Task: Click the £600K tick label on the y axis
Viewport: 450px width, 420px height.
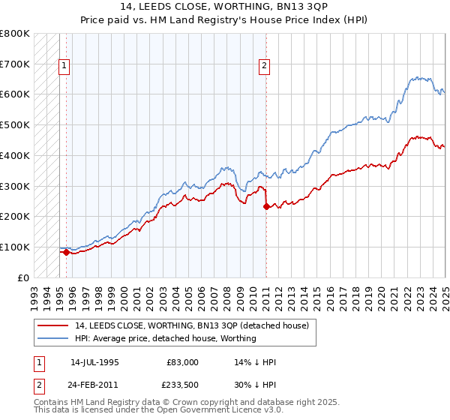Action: [x=14, y=94]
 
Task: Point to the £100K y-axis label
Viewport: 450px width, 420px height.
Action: [x=14, y=247]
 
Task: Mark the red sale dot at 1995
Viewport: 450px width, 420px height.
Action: [x=66, y=252]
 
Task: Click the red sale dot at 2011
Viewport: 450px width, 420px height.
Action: [x=266, y=206]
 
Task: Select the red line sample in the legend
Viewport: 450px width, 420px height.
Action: [x=53, y=325]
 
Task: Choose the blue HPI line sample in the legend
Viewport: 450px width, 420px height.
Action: [x=53, y=338]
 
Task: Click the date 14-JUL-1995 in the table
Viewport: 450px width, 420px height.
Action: [x=94, y=362]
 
